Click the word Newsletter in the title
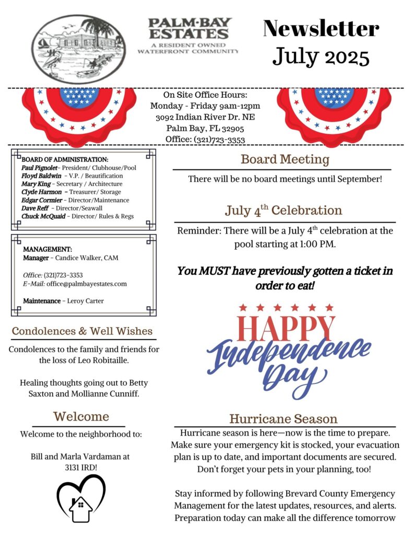pos(321,28)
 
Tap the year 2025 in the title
pos(343,55)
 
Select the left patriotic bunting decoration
pos(79,111)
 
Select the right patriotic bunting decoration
pos(334,111)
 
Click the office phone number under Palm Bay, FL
pos(219,139)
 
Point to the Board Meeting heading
pos(285,159)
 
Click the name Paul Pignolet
pos(39,168)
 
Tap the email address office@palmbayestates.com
pos(87,284)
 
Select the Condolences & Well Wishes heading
pos(82,331)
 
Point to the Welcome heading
pos(81,416)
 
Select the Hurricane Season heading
pos(284,419)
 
